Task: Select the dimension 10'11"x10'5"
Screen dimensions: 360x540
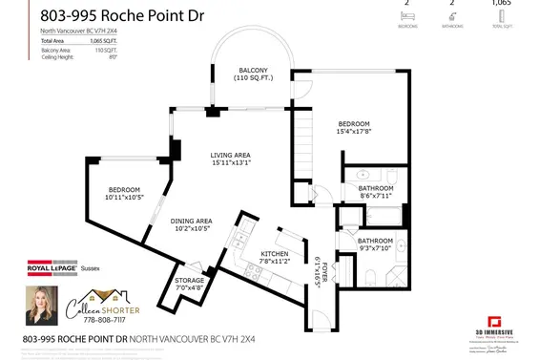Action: tap(126, 198)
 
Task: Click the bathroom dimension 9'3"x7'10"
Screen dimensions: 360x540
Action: tap(376, 249)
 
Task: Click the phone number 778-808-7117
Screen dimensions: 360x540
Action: tap(101, 322)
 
